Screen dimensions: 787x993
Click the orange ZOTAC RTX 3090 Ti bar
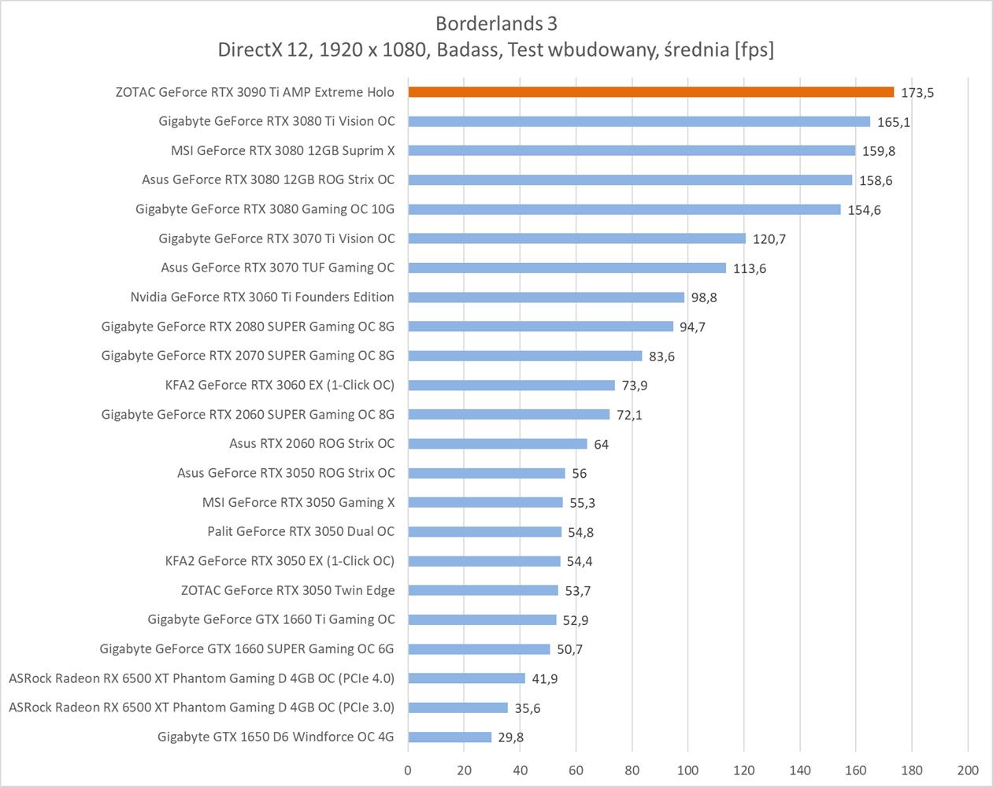(x=650, y=92)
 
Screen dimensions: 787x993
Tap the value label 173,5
(x=917, y=93)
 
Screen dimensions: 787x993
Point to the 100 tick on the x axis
(x=687, y=770)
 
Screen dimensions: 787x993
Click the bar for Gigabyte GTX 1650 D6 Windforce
(x=450, y=737)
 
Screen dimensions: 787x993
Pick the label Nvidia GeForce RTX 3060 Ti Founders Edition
(x=262, y=297)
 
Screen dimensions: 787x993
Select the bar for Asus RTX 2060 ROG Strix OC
(x=498, y=444)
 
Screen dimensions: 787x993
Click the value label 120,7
(x=769, y=239)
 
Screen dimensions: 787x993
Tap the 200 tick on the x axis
(x=968, y=770)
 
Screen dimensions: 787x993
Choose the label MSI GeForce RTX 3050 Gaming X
(x=298, y=503)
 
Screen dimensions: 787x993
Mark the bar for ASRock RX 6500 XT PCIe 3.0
(x=458, y=708)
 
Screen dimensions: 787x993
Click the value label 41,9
(x=544, y=679)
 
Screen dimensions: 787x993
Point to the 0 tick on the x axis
(x=408, y=770)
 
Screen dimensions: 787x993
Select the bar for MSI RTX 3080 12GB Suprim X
(x=632, y=151)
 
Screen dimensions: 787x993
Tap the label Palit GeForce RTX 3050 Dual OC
(x=301, y=532)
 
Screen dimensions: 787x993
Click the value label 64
(x=602, y=445)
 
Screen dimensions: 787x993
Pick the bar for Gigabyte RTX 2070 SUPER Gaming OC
(x=524, y=357)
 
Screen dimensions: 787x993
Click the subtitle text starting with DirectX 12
(x=495, y=50)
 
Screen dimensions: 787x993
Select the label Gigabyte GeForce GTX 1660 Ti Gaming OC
(x=271, y=620)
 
